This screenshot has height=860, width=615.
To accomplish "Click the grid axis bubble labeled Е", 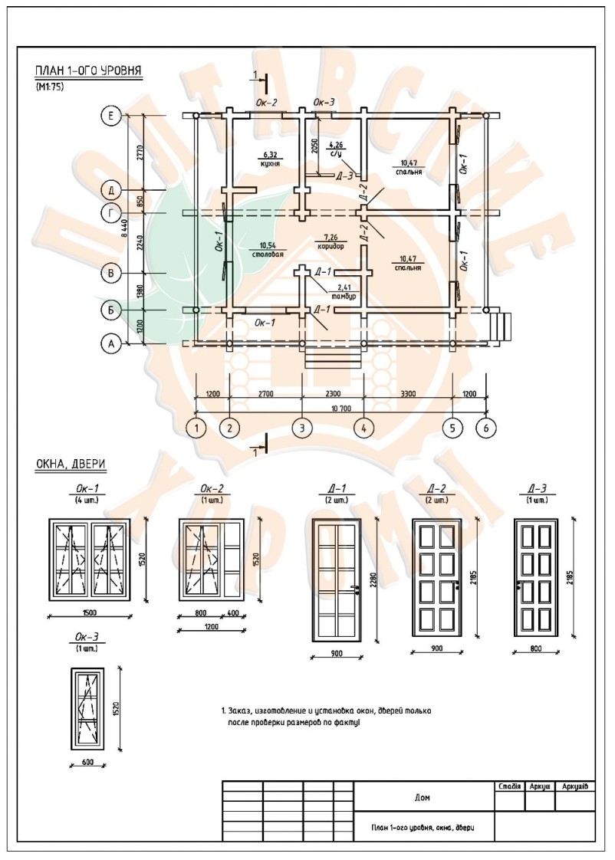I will point(111,116).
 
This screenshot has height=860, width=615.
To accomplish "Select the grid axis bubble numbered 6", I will point(485,427).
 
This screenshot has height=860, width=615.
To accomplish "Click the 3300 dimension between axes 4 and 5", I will point(408,393).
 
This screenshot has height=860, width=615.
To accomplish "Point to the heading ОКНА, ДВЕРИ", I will point(71,464).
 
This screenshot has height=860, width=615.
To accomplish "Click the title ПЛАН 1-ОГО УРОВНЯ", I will point(88,72).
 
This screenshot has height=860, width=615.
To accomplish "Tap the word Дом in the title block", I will point(422,797).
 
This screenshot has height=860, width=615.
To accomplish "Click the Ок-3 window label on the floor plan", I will point(324,102).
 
